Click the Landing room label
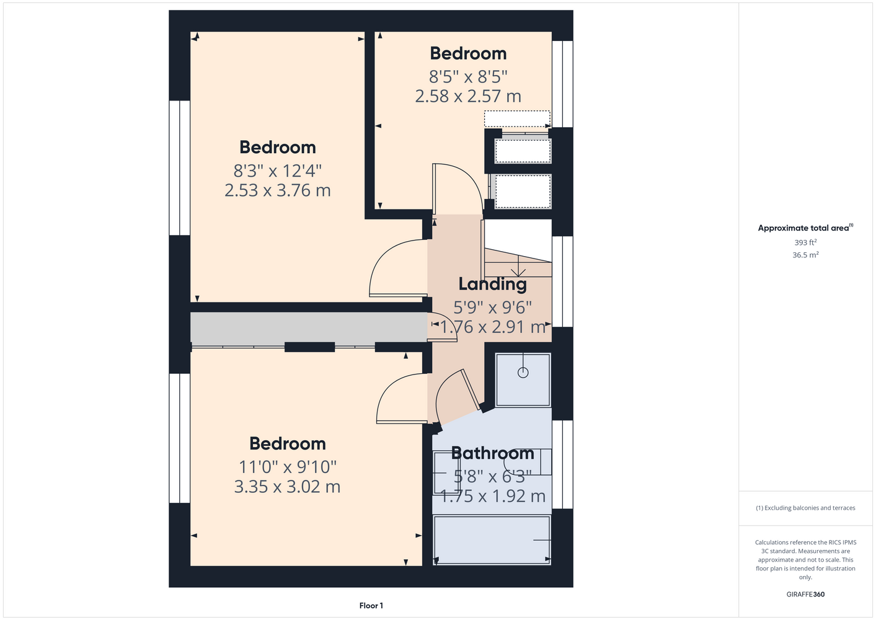click(492, 285)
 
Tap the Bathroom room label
click(492, 453)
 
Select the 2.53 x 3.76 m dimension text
click(278, 190)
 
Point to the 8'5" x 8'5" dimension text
click(468, 77)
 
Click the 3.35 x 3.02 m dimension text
click(288, 487)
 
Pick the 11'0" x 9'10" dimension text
click(288, 467)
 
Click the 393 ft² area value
click(805, 242)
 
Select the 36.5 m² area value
click(805, 255)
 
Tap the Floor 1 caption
click(371, 606)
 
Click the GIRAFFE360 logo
click(805, 594)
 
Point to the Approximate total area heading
click(805, 228)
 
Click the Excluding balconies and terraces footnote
click(805, 508)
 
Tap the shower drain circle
click(523, 373)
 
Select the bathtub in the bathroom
click(492, 540)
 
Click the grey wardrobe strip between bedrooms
click(309, 329)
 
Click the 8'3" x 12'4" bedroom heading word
click(278, 148)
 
